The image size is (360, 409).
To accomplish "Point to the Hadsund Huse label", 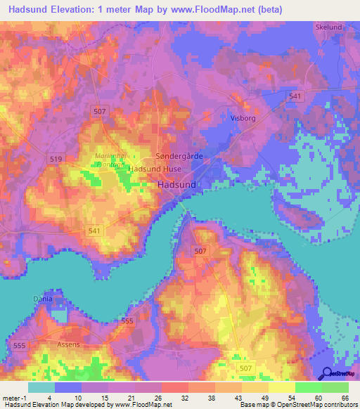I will tap(155, 169).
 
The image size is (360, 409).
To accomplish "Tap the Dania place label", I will tap(43, 299).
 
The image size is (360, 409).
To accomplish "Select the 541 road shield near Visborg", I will tap(295, 96).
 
